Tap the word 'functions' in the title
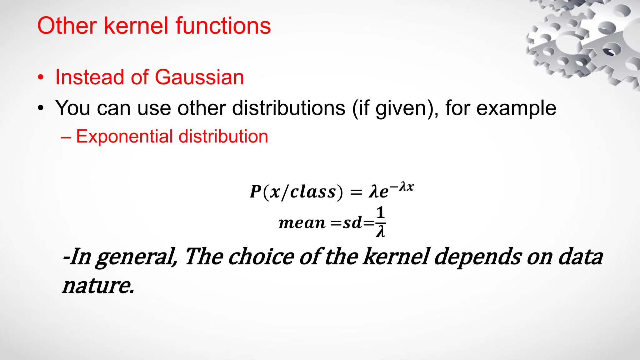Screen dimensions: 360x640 click(x=223, y=26)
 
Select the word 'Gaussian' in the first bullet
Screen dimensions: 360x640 click(x=199, y=77)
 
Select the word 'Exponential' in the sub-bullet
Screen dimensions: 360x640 click(x=125, y=137)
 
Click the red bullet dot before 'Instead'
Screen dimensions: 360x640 click(x=41, y=78)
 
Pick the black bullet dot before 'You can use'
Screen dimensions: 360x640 click(x=41, y=108)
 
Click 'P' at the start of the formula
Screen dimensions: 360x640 click(x=255, y=192)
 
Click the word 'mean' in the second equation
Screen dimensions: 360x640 click(x=302, y=223)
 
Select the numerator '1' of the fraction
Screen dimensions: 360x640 click(x=380, y=213)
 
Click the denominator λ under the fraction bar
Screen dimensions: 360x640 click(x=380, y=232)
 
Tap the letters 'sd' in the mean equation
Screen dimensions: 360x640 click(x=352, y=223)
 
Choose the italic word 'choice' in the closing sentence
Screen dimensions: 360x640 click(x=261, y=257)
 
